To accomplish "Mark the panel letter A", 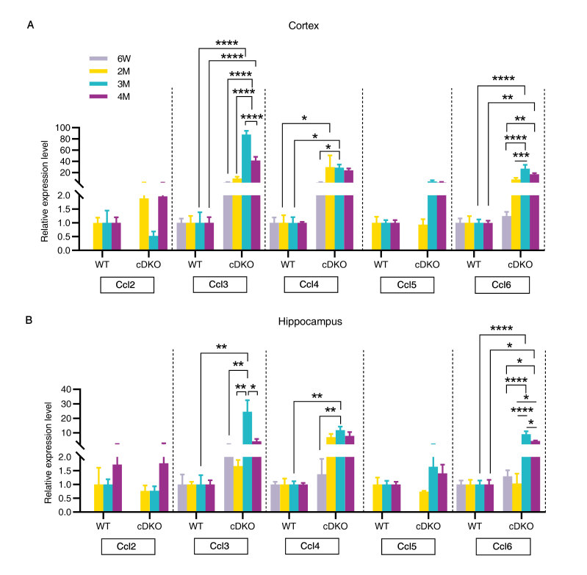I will (31, 26).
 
